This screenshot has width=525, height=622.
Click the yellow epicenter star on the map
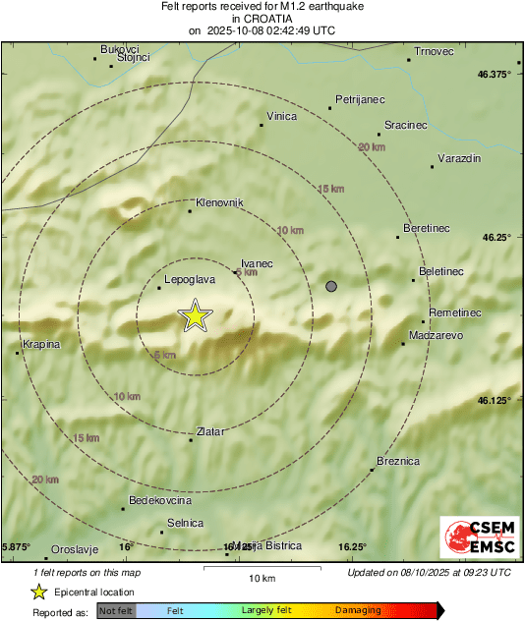(196, 315)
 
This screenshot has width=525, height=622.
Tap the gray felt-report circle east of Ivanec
(331, 286)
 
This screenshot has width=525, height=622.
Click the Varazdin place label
(458, 158)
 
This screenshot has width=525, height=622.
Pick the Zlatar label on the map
(210, 431)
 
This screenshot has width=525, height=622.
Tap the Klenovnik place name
(219, 202)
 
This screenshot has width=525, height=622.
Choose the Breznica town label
(398, 461)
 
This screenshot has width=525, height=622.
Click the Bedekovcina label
(159, 499)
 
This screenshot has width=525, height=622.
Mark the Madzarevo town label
(437, 335)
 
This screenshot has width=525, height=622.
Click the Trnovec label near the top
(433, 50)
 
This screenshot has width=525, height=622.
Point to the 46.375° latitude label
(495, 74)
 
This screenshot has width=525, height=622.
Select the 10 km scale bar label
(261, 577)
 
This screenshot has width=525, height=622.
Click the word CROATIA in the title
(262, 19)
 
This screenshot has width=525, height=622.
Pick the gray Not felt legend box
(116, 610)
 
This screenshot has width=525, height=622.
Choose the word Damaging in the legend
(358, 610)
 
